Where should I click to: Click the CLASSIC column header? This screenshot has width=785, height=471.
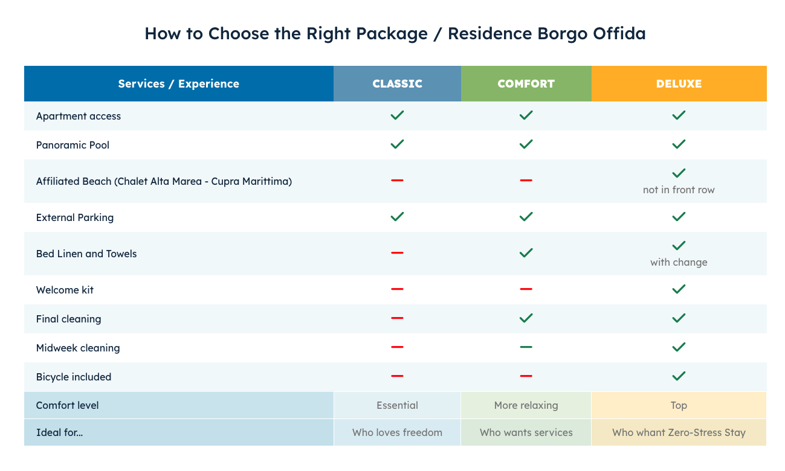point(397,84)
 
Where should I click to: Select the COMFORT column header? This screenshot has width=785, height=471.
point(526,84)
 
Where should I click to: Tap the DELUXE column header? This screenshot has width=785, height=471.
point(679,84)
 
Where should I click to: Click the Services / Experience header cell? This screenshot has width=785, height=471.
point(178,84)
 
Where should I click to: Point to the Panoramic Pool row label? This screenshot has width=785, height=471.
point(73,145)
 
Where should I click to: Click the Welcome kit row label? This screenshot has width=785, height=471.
point(65,290)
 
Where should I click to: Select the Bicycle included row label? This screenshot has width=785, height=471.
point(74,377)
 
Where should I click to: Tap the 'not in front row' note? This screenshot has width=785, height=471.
point(679,190)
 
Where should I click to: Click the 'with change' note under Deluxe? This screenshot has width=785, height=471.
point(679,262)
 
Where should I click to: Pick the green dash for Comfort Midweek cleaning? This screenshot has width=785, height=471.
point(526,347)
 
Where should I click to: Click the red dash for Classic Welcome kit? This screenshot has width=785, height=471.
point(397,289)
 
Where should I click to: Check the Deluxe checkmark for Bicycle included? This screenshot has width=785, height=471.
point(679,376)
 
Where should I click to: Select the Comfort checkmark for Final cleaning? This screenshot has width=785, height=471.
point(526,318)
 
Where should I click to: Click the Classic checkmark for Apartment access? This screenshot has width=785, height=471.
point(397,115)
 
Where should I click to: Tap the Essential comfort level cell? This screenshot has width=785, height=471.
point(397,405)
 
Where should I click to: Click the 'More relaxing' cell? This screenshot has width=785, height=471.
point(526,405)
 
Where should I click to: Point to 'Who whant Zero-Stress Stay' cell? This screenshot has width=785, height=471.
point(679,432)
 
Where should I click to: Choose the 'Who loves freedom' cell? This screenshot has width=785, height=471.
point(397,432)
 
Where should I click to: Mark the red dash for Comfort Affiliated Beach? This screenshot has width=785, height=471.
point(526,181)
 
